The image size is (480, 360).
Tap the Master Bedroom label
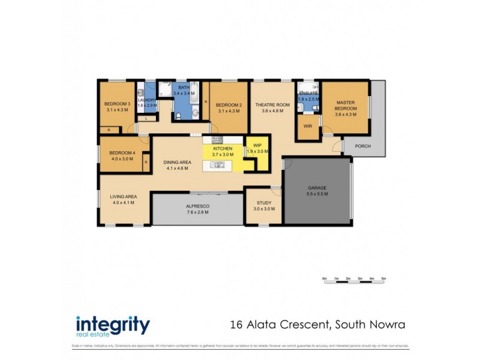(x=346, y=106)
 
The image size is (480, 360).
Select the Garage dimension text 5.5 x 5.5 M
(x=317, y=194)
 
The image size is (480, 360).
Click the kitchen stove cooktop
(x=217, y=139)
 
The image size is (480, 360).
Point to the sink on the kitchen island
(x=217, y=165)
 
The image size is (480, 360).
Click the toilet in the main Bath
(x=195, y=112)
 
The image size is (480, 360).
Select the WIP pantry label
(x=257, y=145)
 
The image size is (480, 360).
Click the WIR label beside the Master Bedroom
(x=308, y=127)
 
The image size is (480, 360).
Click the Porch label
(x=362, y=146)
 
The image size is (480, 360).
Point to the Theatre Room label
(x=272, y=104)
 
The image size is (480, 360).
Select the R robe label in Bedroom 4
(x=146, y=162)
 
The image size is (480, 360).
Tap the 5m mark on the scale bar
(x=383, y=278)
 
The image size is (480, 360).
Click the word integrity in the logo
(x=113, y=325)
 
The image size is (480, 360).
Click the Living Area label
(x=123, y=196)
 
